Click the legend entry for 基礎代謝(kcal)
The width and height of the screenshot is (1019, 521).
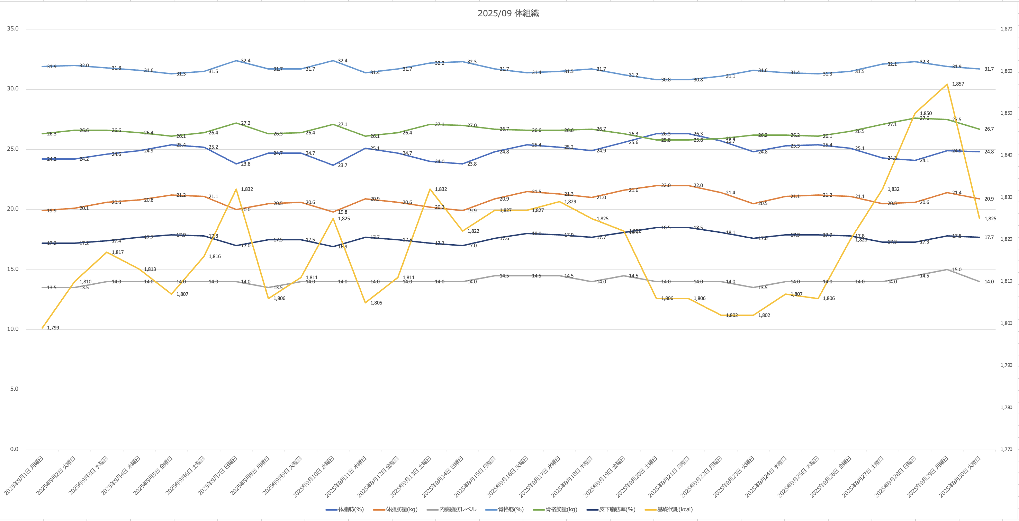(675, 509)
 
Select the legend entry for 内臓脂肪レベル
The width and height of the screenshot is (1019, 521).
(458, 509)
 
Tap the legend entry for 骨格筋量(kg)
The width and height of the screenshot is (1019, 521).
(561, 509)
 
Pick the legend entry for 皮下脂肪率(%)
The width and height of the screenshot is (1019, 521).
(617, 509)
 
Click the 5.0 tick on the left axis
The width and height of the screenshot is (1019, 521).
(14, 389)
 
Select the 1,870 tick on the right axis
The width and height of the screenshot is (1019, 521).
(1006, 29)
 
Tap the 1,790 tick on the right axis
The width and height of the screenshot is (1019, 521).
(1006, 365)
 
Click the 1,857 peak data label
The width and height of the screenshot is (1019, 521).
(958, 84)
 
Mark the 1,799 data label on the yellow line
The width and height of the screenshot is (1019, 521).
(53, 328)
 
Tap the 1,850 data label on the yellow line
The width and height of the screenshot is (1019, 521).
(926, 113)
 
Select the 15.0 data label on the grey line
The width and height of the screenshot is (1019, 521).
(956, 270)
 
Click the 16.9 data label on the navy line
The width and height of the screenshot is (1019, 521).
(343, 247)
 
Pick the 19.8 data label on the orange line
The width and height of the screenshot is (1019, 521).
(343, 212)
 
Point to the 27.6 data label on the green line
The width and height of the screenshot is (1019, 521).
(924, 118)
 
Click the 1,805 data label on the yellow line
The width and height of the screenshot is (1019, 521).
(376, 303)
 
